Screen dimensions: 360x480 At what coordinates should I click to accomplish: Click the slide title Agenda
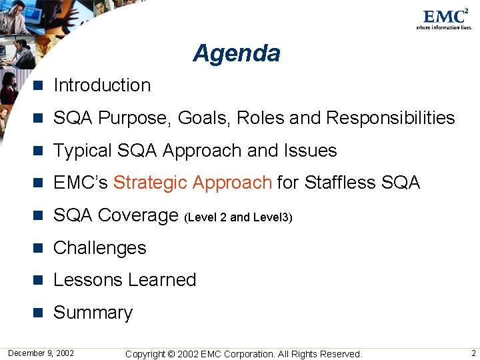(237, 53)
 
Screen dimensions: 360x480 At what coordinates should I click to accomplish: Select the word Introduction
(102, 85)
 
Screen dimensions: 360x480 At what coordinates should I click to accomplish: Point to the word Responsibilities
(391, 118)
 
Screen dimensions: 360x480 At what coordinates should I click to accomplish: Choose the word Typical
(82, 151)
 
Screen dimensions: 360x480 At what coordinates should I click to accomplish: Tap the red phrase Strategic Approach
(192, 183)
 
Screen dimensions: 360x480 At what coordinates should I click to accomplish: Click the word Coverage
(139, 215)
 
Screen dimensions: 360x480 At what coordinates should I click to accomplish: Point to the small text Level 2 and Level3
(238, 217)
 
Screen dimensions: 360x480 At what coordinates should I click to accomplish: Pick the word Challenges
(99, 248)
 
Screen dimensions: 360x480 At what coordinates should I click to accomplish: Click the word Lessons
(86, 280)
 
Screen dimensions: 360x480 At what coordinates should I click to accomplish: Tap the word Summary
(93, 313)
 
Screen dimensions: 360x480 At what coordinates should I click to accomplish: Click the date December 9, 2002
(41, 353)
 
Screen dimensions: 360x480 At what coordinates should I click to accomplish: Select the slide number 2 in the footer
(473, 353)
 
